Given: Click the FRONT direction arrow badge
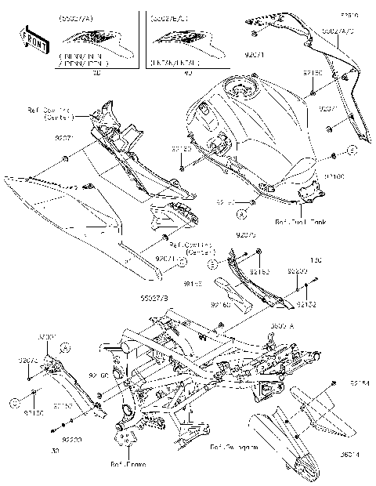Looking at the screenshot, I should (x=30, y=39).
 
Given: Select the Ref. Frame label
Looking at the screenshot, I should (x=127, y=464).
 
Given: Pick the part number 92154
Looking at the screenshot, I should (x=359, y=384).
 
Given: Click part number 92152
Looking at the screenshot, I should (x=306, y=303).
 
